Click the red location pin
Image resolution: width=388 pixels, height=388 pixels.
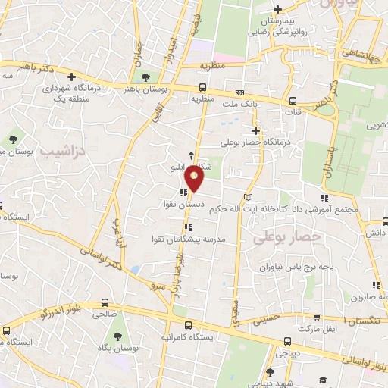click(x=196, y=180)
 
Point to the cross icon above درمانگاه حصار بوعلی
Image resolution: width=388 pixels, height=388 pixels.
click(x=257, y=130)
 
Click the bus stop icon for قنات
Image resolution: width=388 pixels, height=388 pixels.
click(x=293, y=102)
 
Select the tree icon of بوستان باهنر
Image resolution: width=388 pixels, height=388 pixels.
click(x=145, y=77)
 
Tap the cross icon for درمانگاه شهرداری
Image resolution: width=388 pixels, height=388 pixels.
click(x=71, y=77)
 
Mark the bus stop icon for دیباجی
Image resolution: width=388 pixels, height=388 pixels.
click(x=286, y=341)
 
